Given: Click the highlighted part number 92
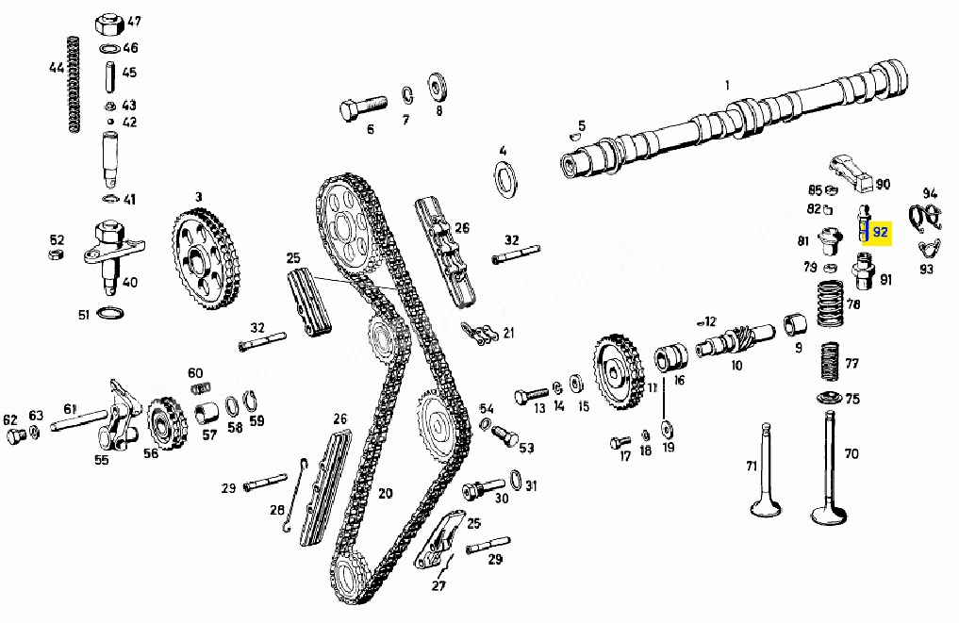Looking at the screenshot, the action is coord(880,232).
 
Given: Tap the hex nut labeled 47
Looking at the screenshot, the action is coord(110,25).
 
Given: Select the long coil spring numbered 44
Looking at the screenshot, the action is coord(73,85).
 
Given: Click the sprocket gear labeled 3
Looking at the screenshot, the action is coord(206,258).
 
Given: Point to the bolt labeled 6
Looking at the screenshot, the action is coord(363,108).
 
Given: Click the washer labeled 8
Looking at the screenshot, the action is coord(438,88).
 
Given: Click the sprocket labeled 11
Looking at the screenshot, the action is coord(619,372).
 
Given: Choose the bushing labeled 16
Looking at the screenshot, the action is coord(671,357).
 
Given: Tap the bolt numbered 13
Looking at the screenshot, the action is coord(531,396).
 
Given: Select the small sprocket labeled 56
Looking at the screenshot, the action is coord(166,423).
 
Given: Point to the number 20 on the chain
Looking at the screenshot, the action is coord(386,493).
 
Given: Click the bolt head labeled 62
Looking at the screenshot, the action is coord(15,436).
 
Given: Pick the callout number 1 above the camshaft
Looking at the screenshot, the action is coord(727,85).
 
